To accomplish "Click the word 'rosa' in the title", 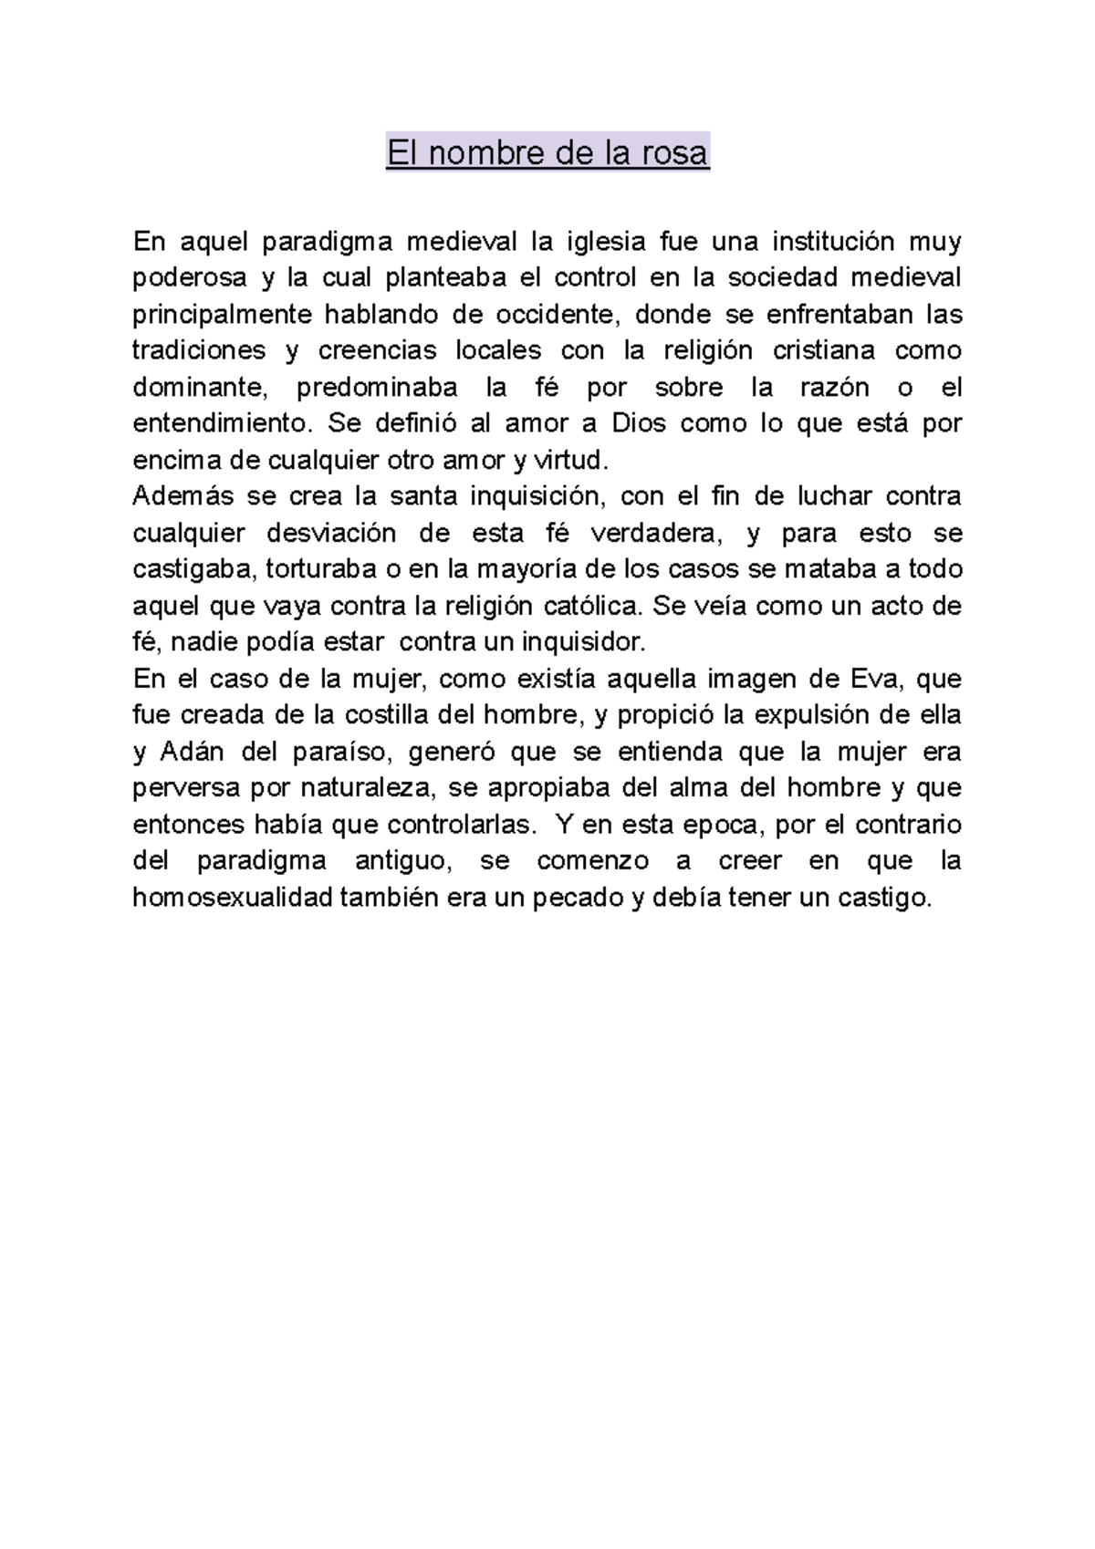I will click(674, 153).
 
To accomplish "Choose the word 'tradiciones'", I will click(199, 351).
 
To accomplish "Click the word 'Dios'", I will click(640, 424).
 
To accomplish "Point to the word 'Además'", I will click(182, 497).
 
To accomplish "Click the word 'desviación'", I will click(331, 534).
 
